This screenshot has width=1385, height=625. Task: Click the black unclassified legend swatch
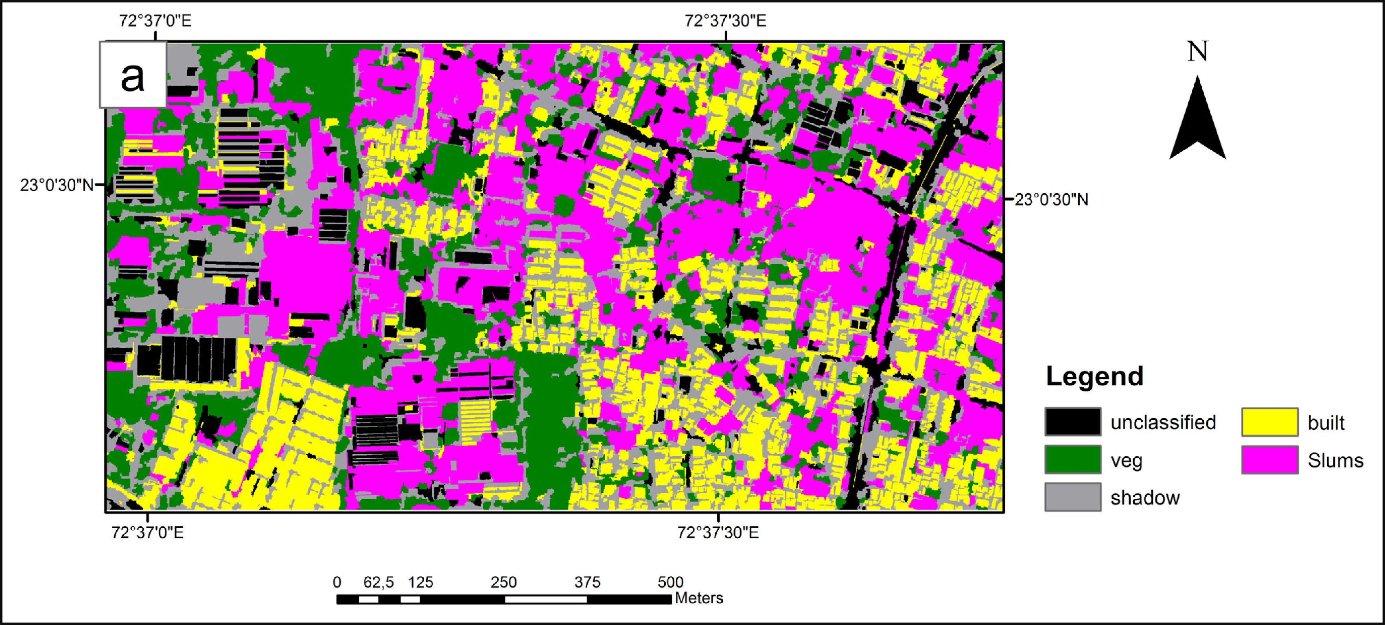pyautogui.click(x=1072, y=422)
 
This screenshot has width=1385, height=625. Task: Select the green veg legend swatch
pyautogui.click(x=1072, y=459)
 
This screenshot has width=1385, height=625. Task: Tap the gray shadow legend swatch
pyautogui.click(x=1072, y=497)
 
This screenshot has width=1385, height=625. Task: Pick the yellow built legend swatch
pyautogui.click(x=1269, y=422)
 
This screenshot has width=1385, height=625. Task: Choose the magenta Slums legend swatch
pyautogui.click(x=1269, y=459)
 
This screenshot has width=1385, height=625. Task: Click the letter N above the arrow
pyautogui.click(x=1197, y=52)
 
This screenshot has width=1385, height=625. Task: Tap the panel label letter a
pyautogui.click(x=133, y=75)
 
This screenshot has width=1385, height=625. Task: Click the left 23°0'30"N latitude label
pyautogui.click(x=57, y=185)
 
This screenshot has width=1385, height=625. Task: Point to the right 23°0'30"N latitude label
pyautogui.click(x=1051, y=200)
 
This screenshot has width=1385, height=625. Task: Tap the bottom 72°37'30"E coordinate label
pyautogui.click(x=718, y=533)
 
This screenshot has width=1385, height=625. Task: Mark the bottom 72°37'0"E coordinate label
pyautogui.click(x=147, y=533)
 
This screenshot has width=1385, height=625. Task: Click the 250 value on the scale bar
pyautogui.click(x=503, y=582)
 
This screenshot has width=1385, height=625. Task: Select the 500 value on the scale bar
pyautogui.click(x=670, y=582)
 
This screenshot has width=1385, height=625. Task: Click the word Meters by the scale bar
pyautogui.click(x=698, y=598)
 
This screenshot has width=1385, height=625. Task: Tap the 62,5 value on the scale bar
pyautogui.click(x=379, y=582)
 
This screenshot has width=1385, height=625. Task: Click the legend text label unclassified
pyautogui.click(x=1163, y=422)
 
